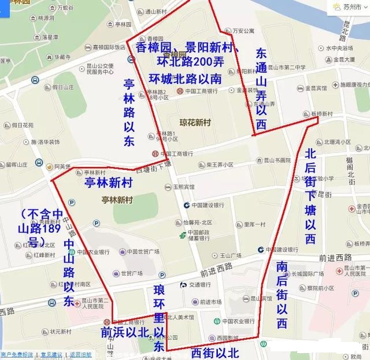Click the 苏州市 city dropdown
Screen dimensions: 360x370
[x=353, y=8]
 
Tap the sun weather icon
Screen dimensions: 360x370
[x=336, y=8]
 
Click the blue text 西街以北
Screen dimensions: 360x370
[x=214, y=352]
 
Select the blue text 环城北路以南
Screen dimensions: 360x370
[x=184, y=78]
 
